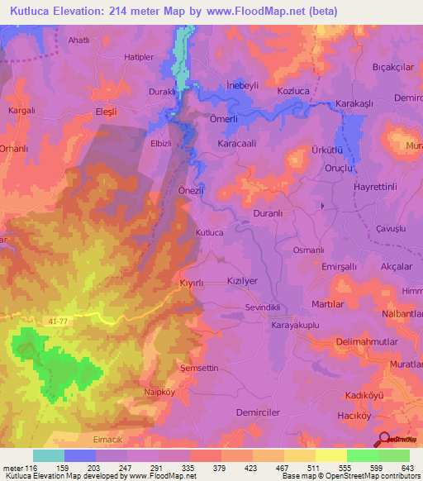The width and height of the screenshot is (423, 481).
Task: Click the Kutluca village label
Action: click(x=209, y=233)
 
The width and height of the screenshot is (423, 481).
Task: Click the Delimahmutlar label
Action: click(x=369, y=341)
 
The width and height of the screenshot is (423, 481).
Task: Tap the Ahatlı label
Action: click(x=79, y=39)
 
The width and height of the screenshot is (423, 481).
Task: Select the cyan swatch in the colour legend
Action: click(x=49, y=455)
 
